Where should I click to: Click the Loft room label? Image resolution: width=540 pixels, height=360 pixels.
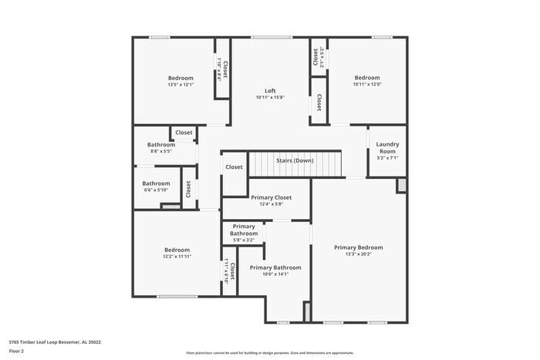[270, 90]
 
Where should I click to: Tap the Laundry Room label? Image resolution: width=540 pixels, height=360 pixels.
[387, 147]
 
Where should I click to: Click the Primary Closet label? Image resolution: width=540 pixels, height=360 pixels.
[272, 197]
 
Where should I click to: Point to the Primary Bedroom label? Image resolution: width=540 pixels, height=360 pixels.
[358, 247]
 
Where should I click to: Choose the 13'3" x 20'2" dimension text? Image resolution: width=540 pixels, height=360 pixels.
[358, 254]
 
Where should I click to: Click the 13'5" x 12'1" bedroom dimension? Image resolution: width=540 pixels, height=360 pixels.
[181, 85]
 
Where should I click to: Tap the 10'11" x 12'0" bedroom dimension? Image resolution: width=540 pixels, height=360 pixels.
[367, 85]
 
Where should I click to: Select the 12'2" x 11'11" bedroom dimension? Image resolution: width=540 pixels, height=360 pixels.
[177, 256]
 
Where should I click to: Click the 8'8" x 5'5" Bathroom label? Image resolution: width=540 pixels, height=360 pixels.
[161, 145]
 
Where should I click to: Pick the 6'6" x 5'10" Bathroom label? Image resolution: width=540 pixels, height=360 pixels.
[155, 183]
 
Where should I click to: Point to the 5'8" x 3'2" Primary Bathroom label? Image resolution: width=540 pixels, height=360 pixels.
[244, 230]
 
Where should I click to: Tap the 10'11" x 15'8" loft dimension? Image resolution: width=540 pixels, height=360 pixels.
[270, 97]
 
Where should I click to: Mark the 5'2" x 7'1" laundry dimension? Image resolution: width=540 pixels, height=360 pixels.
[387, 158]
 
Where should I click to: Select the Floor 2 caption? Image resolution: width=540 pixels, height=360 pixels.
[16, 351]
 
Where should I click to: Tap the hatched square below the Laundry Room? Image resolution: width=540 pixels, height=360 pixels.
[401, 185]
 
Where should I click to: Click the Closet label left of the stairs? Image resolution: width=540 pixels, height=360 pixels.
[234, 167]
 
